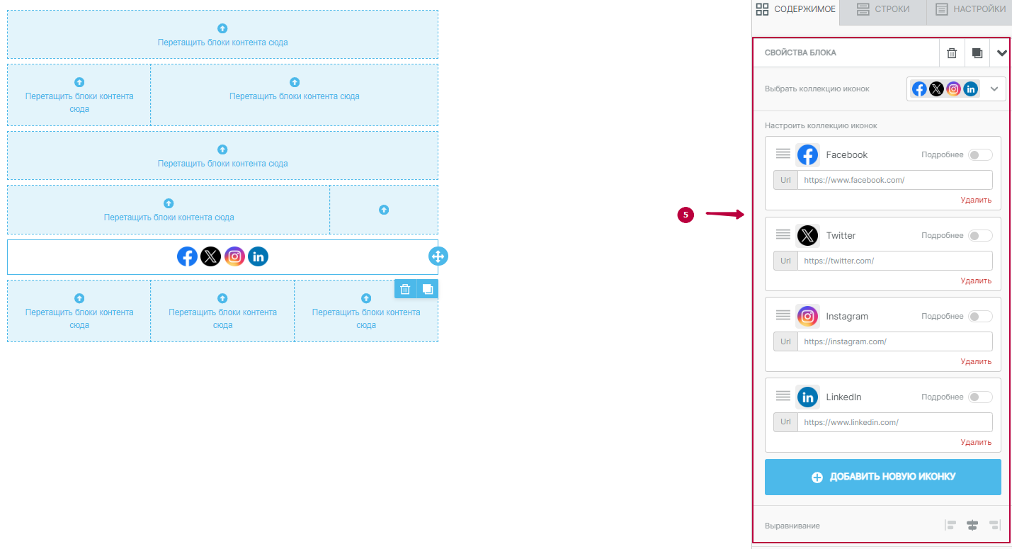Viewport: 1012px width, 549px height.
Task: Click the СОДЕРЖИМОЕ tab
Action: pos(796,9)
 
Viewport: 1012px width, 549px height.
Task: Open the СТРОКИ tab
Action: pos(882,9)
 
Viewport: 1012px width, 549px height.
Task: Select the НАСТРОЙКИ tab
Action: pos(970,9)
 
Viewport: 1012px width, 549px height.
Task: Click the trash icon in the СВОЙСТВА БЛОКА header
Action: pos(952,53)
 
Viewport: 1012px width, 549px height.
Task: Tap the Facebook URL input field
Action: pos(894,180)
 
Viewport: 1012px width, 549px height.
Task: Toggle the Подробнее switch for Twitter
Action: pos(980,235)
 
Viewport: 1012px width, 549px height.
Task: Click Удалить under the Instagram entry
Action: pos(976,361)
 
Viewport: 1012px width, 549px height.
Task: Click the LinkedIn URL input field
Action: pos(894,422)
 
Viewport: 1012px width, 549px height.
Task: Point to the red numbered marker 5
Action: pos(685,215)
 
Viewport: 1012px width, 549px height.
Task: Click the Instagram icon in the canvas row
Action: pos(234,256)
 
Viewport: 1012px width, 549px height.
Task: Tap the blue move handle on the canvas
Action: pos(438,256)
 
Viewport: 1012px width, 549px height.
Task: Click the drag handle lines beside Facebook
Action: pos(783,154)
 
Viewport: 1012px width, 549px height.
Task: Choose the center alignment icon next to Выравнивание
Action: pos(972,525)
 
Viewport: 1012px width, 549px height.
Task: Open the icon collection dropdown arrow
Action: pos(994,89)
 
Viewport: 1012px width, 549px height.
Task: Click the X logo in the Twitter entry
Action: pos(807,235)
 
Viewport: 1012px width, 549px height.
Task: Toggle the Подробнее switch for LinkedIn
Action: pos(980,397)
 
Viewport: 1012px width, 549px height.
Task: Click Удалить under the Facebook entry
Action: pos(976,200)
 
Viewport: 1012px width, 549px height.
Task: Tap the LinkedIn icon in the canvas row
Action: pos(258,256)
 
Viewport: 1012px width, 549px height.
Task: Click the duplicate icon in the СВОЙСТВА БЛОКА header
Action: pos(977,53)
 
